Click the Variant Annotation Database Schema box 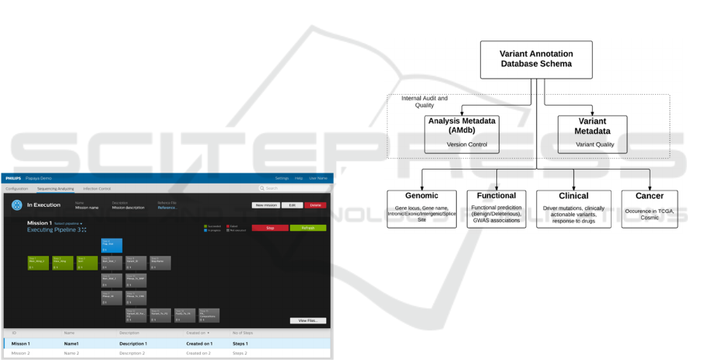(535, 59)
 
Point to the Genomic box (422, 208)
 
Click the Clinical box (573, 208)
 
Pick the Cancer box (649, 208)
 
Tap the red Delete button (315, 205)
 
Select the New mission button (265, 205)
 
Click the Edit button (292, 205)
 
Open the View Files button (307, 320)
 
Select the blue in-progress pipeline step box (111, 246)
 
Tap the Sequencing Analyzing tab (55, 188)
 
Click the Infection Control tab (96, 188)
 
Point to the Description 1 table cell (133, 343)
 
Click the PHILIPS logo (13, 178)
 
